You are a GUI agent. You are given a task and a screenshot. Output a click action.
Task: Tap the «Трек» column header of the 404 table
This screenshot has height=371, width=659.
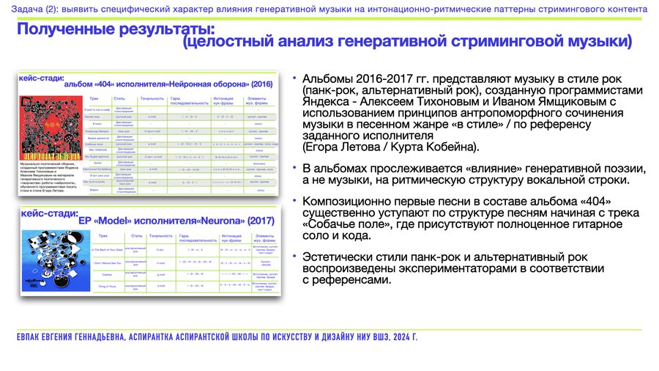point(93,98)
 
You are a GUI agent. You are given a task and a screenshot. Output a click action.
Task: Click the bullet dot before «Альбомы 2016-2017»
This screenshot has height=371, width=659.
point(294,78)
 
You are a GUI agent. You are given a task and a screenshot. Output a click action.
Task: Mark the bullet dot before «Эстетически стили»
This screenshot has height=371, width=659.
point(294,256)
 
